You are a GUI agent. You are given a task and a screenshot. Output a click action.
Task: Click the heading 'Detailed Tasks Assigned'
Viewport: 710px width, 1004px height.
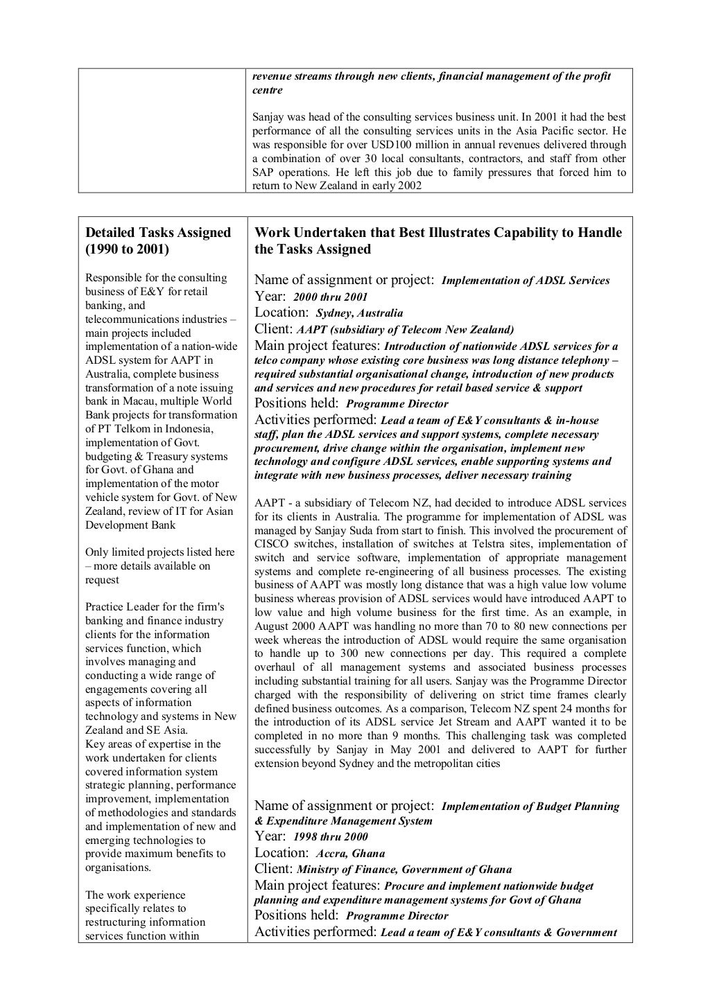pyautogui.click(x=157, y=233)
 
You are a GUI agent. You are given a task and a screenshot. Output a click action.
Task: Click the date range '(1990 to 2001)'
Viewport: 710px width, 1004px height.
pyautogui.click(x=127, y=249)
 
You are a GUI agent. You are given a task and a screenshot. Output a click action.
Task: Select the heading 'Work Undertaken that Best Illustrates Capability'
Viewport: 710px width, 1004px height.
pyautogui.click(x=438, y=233)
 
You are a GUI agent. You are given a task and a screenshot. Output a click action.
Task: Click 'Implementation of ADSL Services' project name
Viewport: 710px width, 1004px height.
pyautogui.click(x=525, y=281)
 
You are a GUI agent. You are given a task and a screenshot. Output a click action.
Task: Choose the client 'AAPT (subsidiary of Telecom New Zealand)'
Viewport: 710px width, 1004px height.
pyautogui.click(x=405, y=330)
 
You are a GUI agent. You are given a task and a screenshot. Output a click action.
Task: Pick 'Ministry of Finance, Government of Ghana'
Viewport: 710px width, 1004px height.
pyautogui.click(x=404, y=870)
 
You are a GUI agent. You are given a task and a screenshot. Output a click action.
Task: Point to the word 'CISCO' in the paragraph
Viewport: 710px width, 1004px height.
pyautogui.click(x=270, y=544)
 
